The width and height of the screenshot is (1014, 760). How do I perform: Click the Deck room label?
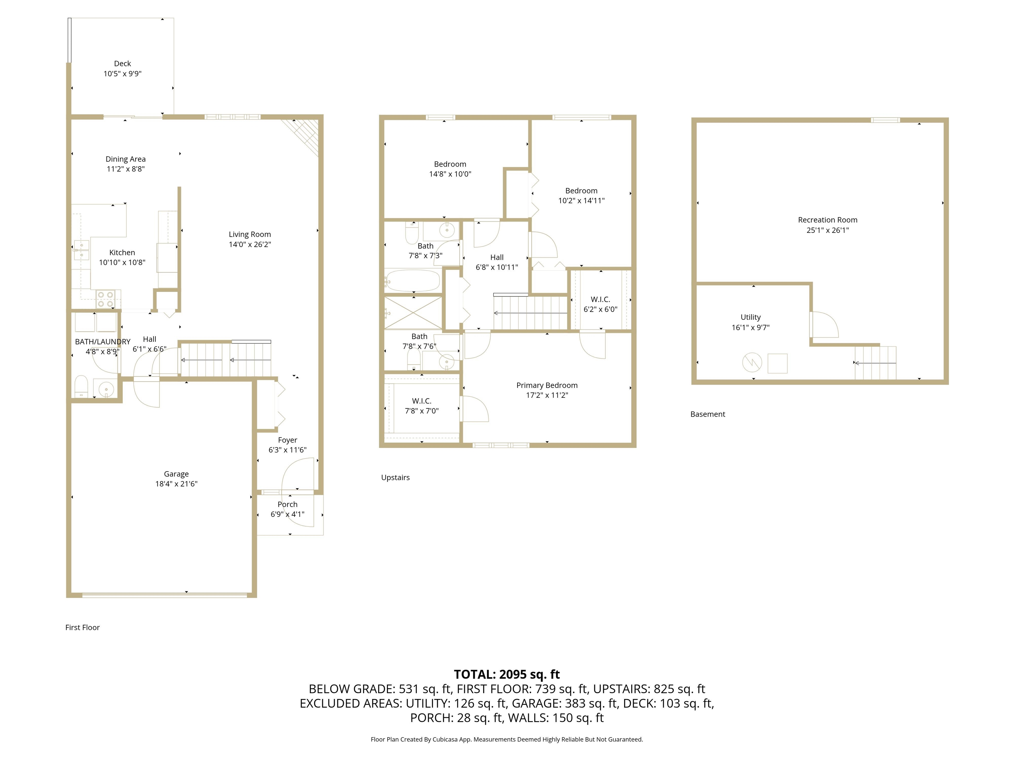click(x=122, y=64)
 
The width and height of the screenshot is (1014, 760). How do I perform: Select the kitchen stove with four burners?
click(x=105, y=299)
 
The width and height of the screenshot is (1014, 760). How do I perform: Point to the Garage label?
click(x=177, y=474)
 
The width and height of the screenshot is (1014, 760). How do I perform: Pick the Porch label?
click(x=287, y=504)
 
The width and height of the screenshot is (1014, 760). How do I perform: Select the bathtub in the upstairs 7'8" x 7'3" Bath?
click(x=413, y=280)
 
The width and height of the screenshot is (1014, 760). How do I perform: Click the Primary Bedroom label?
click(x=547, y=385)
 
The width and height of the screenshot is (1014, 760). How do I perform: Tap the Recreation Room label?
click(x=828, y=220)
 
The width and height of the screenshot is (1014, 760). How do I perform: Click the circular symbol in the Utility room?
click(x=752, y=363)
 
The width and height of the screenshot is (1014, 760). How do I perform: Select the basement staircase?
click(x=875, y=363)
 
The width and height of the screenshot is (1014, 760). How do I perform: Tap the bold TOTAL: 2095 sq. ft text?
click(x=507, y=674)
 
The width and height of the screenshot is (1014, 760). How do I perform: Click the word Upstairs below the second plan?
click(x=395, y=477)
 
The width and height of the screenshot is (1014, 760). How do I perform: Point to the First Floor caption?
click(x=83, y=628)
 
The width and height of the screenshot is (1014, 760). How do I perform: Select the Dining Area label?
click(x=126, y=159)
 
